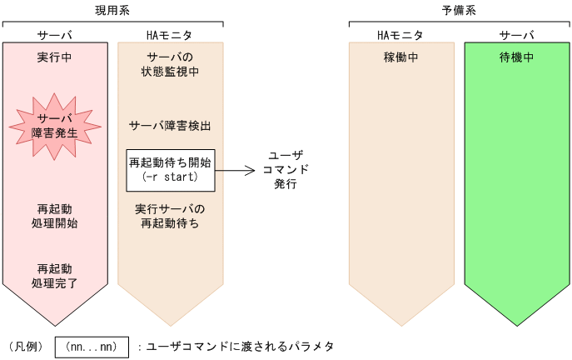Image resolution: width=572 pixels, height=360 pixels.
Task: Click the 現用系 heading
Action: click(112, 10)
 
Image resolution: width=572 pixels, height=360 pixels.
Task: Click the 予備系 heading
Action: click(460, 10)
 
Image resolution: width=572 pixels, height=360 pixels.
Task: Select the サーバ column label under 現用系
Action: click(55, 35)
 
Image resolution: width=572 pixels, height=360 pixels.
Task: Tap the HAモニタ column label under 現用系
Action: click(169, 35)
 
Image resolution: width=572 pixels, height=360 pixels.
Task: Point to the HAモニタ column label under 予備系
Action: click(400, 35)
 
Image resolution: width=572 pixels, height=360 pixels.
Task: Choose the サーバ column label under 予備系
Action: click(516, 35)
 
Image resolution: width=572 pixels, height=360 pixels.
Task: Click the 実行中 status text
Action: click(55, 58)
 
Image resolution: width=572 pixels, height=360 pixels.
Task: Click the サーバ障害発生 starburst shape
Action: click(55, 125)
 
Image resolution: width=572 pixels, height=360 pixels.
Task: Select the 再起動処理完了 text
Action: click(57, 276)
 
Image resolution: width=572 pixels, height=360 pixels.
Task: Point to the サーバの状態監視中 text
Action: click(170, 65)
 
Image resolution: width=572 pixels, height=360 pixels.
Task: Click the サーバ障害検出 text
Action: click(170, 126)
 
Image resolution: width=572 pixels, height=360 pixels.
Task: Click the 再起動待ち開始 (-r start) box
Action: click(170, 170)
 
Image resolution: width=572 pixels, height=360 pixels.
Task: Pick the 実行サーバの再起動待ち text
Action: click(170, 216)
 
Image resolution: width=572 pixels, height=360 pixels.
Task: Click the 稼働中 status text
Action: click(400, 58)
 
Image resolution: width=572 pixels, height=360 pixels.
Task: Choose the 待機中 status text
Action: click(516, 58)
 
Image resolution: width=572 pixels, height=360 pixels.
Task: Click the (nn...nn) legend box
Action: click(92, 346)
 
